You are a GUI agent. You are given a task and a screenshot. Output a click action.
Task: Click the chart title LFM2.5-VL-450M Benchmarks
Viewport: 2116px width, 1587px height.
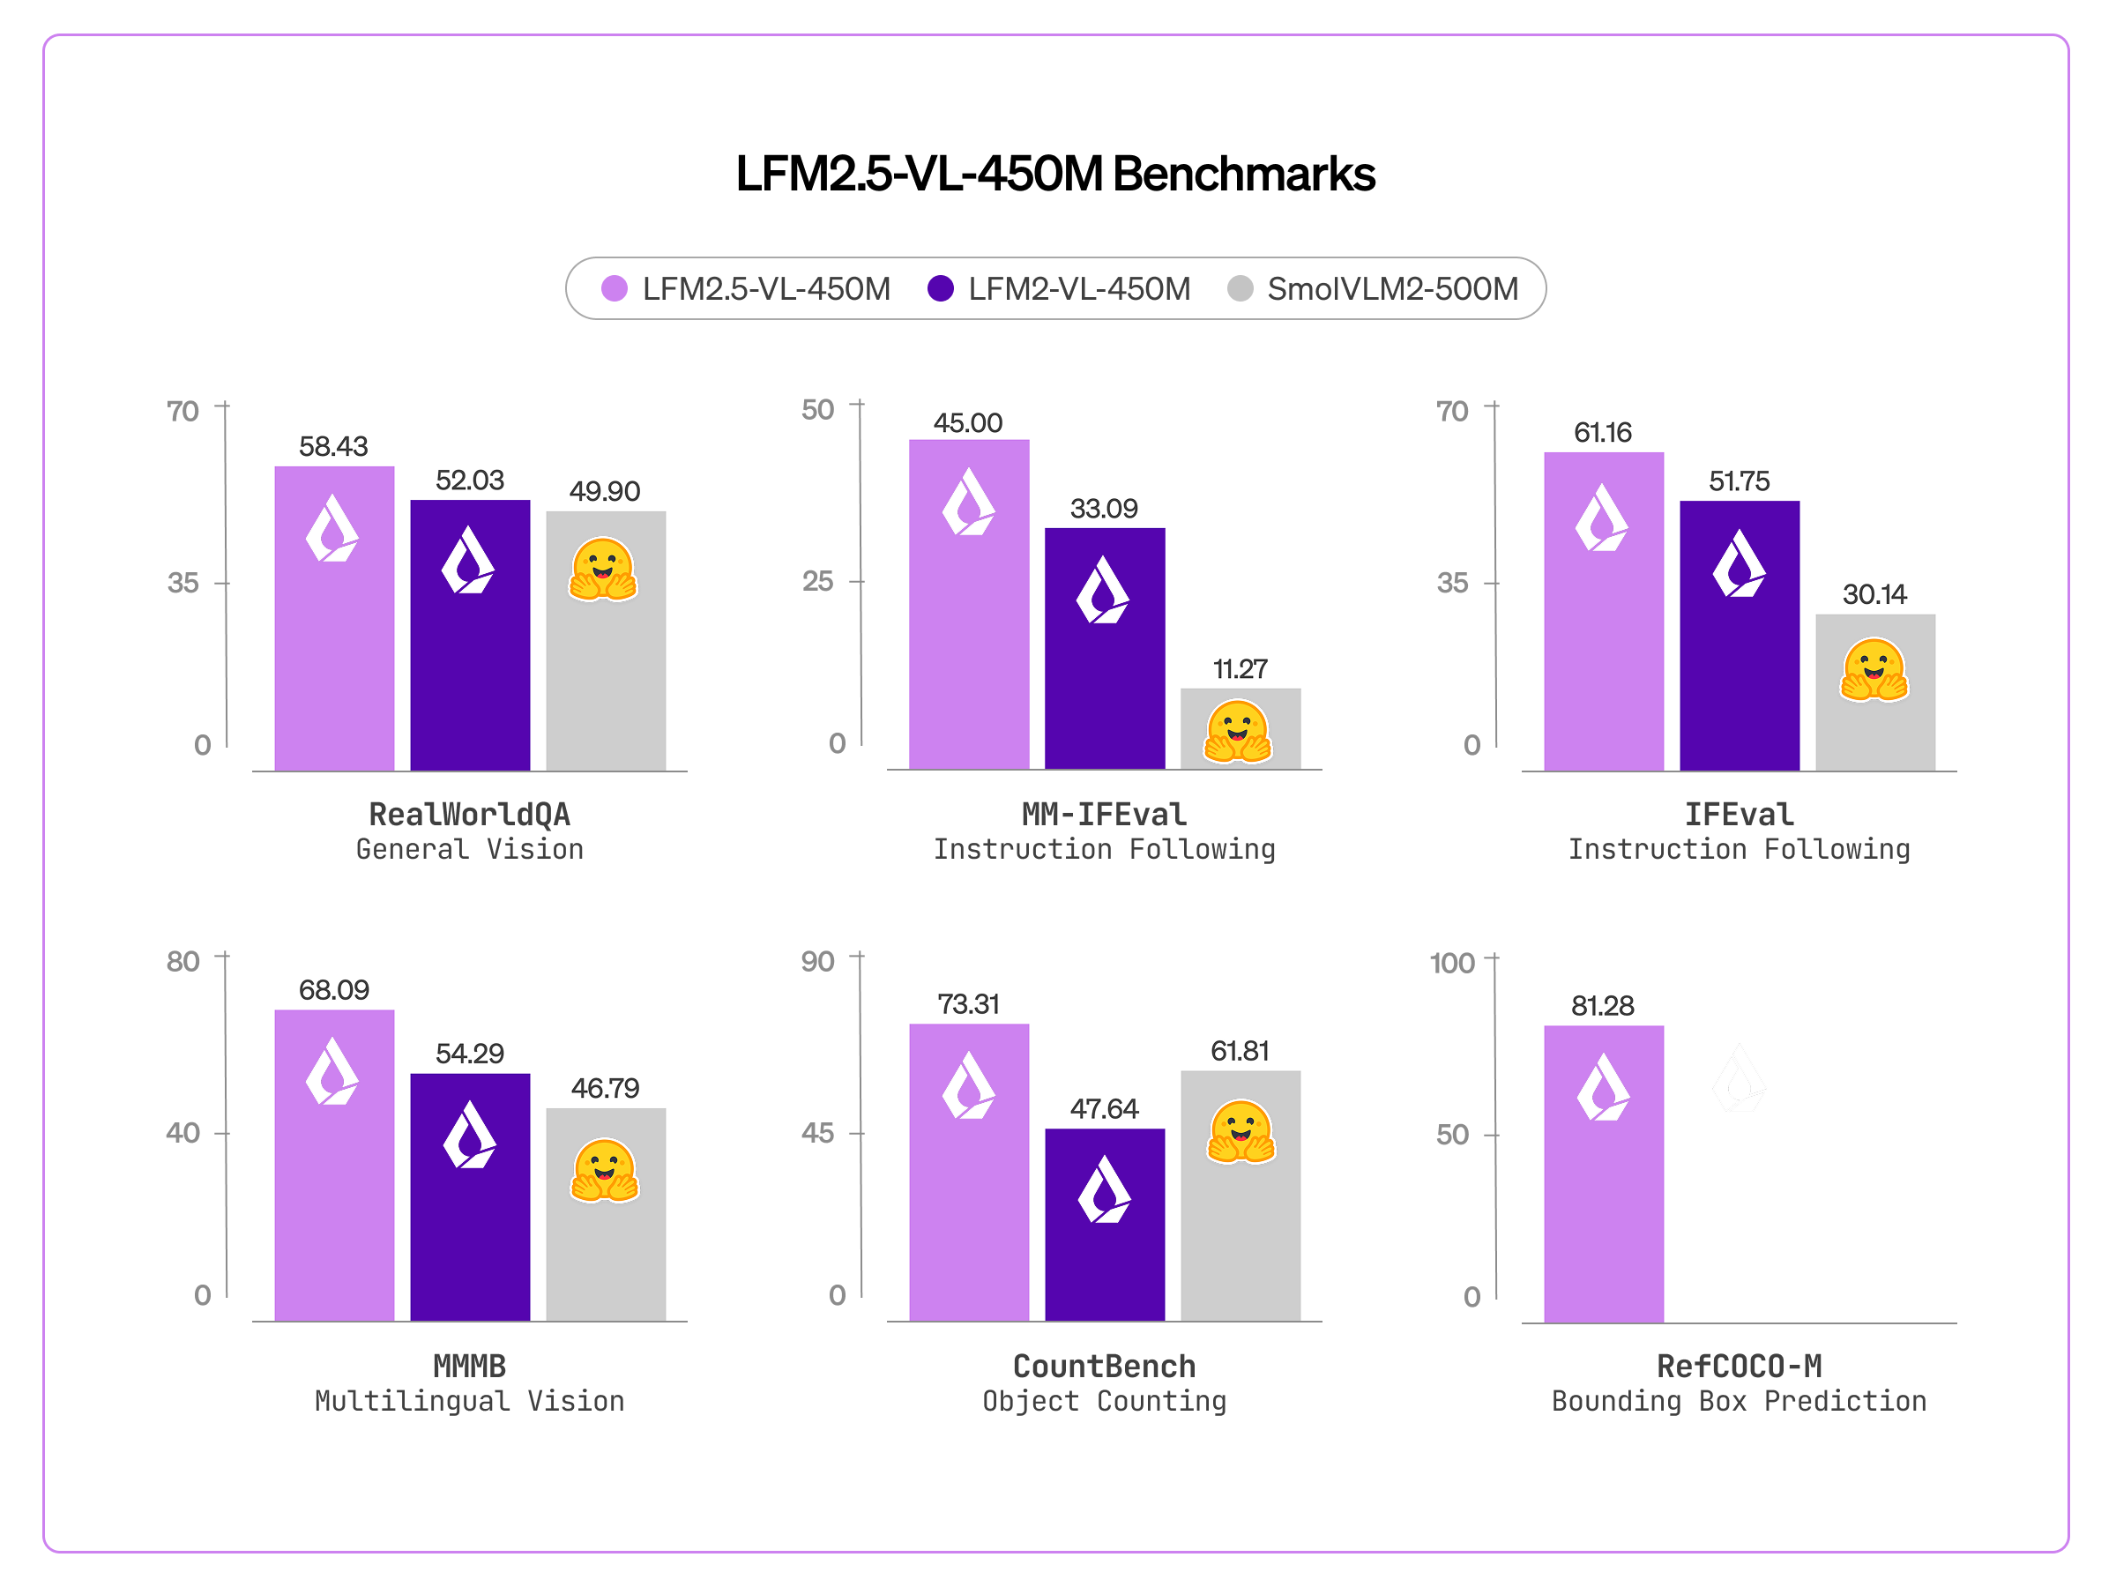pos(1055,174)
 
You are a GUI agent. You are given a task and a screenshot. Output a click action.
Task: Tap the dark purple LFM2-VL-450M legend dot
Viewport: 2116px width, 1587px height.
pos(941,289)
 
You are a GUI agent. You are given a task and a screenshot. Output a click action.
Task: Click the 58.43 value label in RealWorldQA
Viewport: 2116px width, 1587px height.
pos(333,447)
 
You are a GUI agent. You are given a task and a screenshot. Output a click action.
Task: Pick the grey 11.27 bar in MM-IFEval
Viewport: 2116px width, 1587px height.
pos(1240,729)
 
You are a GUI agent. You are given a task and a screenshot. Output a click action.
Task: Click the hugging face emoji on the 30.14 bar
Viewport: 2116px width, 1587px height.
pos(1873,669)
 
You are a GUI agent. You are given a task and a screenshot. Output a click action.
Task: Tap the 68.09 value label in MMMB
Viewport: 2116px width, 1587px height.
pos(333,990)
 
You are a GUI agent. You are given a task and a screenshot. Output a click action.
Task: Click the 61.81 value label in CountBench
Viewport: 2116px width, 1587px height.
pos(1240,1051)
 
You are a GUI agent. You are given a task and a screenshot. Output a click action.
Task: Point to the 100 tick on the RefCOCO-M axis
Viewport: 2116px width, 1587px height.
pos(1451,964)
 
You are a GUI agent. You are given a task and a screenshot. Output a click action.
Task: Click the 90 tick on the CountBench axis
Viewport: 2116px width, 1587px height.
pos(818,961)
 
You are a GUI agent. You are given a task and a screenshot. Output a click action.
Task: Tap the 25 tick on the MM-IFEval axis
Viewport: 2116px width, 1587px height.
pos(818,582)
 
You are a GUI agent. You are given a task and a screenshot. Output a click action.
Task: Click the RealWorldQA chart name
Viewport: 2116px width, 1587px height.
pos(469,815)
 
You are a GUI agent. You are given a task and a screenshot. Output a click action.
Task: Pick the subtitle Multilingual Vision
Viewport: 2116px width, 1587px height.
pos(469,1402)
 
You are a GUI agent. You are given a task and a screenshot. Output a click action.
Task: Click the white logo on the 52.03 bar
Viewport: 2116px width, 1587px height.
pos(468,561)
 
